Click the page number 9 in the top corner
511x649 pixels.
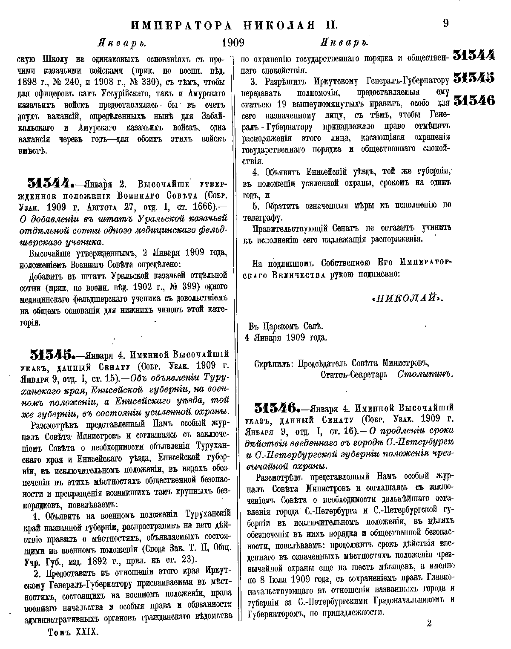445,23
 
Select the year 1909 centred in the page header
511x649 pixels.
233,43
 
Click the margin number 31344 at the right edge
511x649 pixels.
474,55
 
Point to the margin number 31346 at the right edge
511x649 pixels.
474,101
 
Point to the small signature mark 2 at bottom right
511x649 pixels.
429,624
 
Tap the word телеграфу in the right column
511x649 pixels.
260,218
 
